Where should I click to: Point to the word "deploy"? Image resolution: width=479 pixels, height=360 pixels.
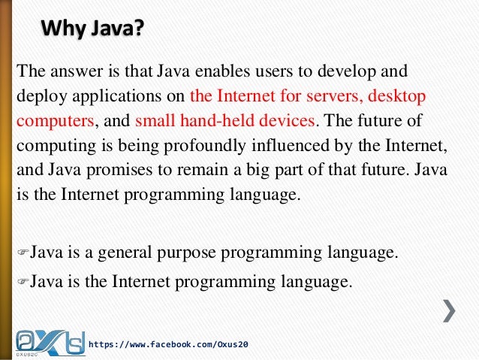point(38,96)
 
